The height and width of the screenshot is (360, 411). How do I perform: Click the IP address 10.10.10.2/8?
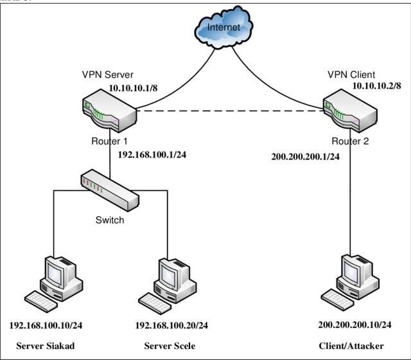[x=376, y=85]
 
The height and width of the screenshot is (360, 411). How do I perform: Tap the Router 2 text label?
[x=351, y=141]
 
